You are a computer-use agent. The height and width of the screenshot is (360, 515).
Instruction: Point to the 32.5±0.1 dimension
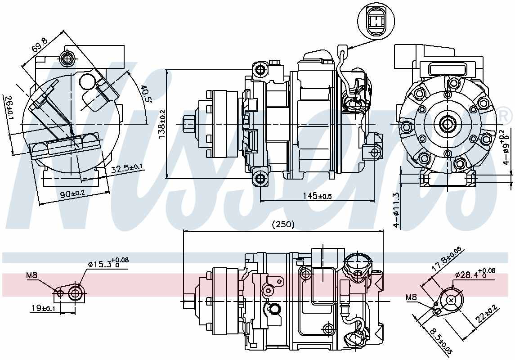pos(127,168)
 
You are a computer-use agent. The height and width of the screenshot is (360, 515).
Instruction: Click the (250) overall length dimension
pos(283,225)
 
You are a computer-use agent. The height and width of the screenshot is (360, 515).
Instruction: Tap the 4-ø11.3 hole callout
pos(396,210)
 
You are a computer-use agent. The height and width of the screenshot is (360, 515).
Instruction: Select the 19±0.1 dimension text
pos(43,308)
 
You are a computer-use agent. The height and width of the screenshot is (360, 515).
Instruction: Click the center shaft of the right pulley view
pos(448,123)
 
